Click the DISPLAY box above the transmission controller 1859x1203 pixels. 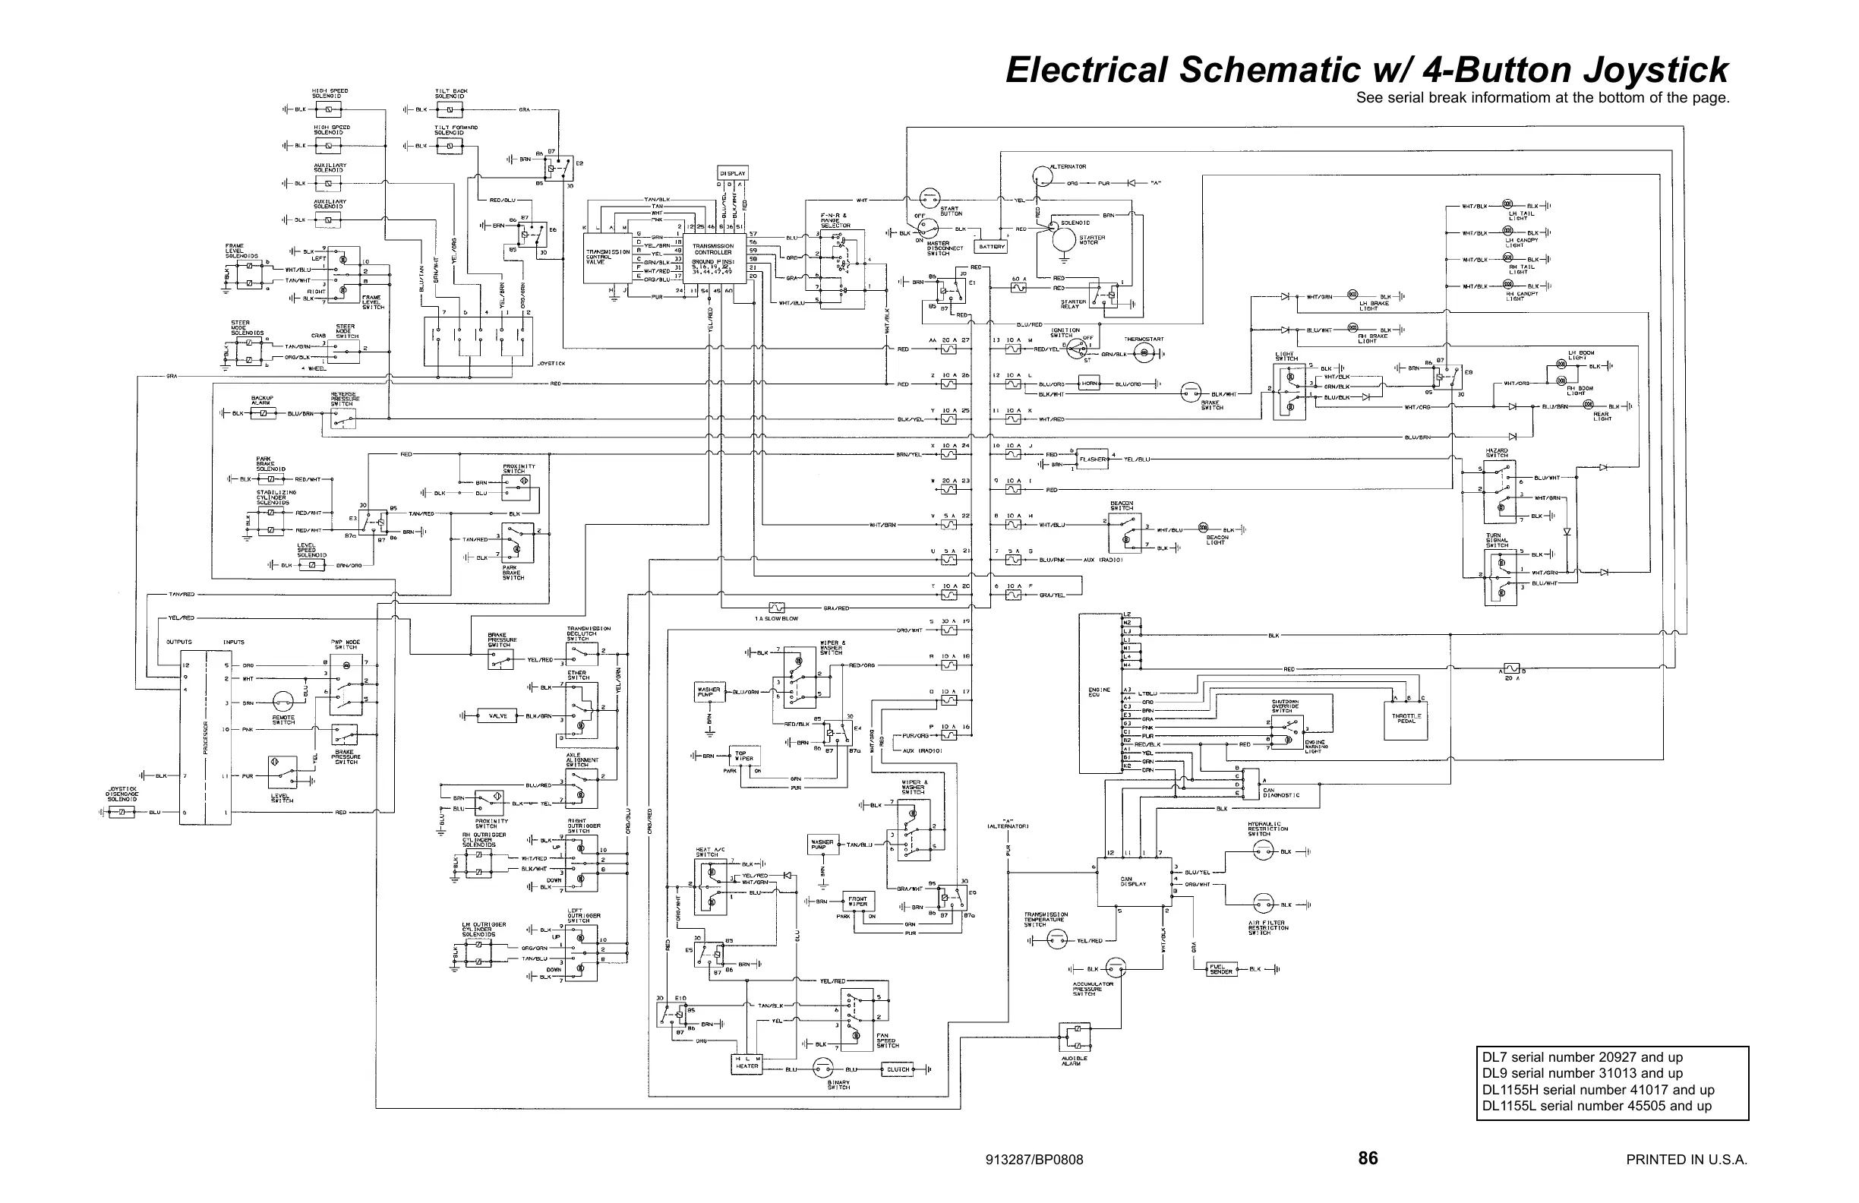pos(732,172)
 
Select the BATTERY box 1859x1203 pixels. pos(991,247)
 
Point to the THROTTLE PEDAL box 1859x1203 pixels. pos(1406,717)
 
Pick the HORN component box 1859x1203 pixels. pos(1090,384)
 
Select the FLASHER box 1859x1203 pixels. pos(1093,459)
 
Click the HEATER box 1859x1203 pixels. pos(746,1063)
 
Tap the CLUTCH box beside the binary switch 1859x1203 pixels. pos(898,1069)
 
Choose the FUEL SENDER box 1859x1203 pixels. pos(1221,969)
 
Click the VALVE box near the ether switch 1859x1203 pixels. pos(497,715)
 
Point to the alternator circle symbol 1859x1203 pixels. pos(1043,175)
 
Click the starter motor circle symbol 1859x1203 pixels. pos(1062,238)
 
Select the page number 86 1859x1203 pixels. pos(1368,1158)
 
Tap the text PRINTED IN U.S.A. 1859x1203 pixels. pos(1687,1160)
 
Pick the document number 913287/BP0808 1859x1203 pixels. pos(1034,1160)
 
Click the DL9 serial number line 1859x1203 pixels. pos(1583,1073)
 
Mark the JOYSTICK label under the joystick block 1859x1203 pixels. pos(551,363)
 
